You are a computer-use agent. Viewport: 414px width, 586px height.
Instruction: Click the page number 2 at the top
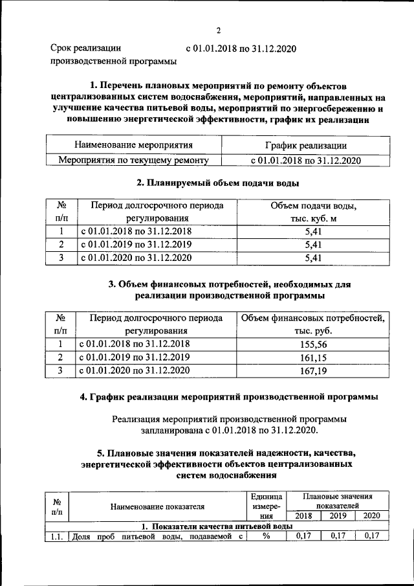[x=219, y=30]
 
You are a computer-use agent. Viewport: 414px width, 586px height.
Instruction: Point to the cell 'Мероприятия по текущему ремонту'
[x=133, y=159]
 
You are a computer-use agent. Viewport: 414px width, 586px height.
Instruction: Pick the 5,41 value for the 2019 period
[x=313, y=245]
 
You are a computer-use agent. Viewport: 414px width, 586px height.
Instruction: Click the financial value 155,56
[x=313, y=344]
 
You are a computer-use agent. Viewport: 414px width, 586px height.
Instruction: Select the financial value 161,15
[x=313, y=357]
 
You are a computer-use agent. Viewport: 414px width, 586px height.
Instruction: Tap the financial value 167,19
[x=313, y=371]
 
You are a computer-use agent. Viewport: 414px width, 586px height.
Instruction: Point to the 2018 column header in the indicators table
[x=303, y=515]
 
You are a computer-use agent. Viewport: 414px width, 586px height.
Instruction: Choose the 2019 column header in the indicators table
[x=338, y=515]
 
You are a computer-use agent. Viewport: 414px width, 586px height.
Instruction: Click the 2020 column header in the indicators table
[x=372, y=515]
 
